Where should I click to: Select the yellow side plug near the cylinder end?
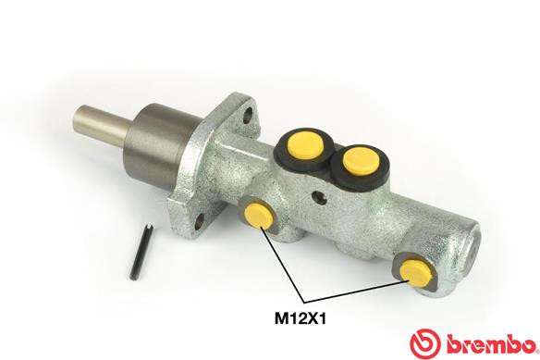415,270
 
